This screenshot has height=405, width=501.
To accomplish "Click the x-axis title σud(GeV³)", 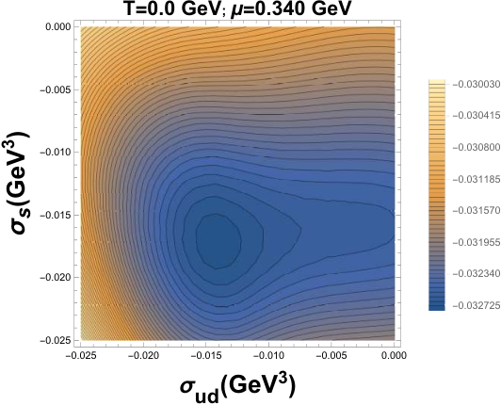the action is point(237,386).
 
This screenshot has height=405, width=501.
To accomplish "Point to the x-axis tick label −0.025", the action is point(80,355).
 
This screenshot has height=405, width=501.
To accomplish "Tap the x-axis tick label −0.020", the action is point(143,355).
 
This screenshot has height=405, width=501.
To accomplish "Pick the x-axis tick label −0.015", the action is point(205,355).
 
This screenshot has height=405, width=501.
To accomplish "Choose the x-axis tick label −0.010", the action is point(268,355).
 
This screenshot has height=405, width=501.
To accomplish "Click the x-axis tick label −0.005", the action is point(331,355).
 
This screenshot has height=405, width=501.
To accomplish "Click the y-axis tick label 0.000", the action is point(57,27).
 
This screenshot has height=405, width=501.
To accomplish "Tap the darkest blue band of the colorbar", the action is point(436,307).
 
